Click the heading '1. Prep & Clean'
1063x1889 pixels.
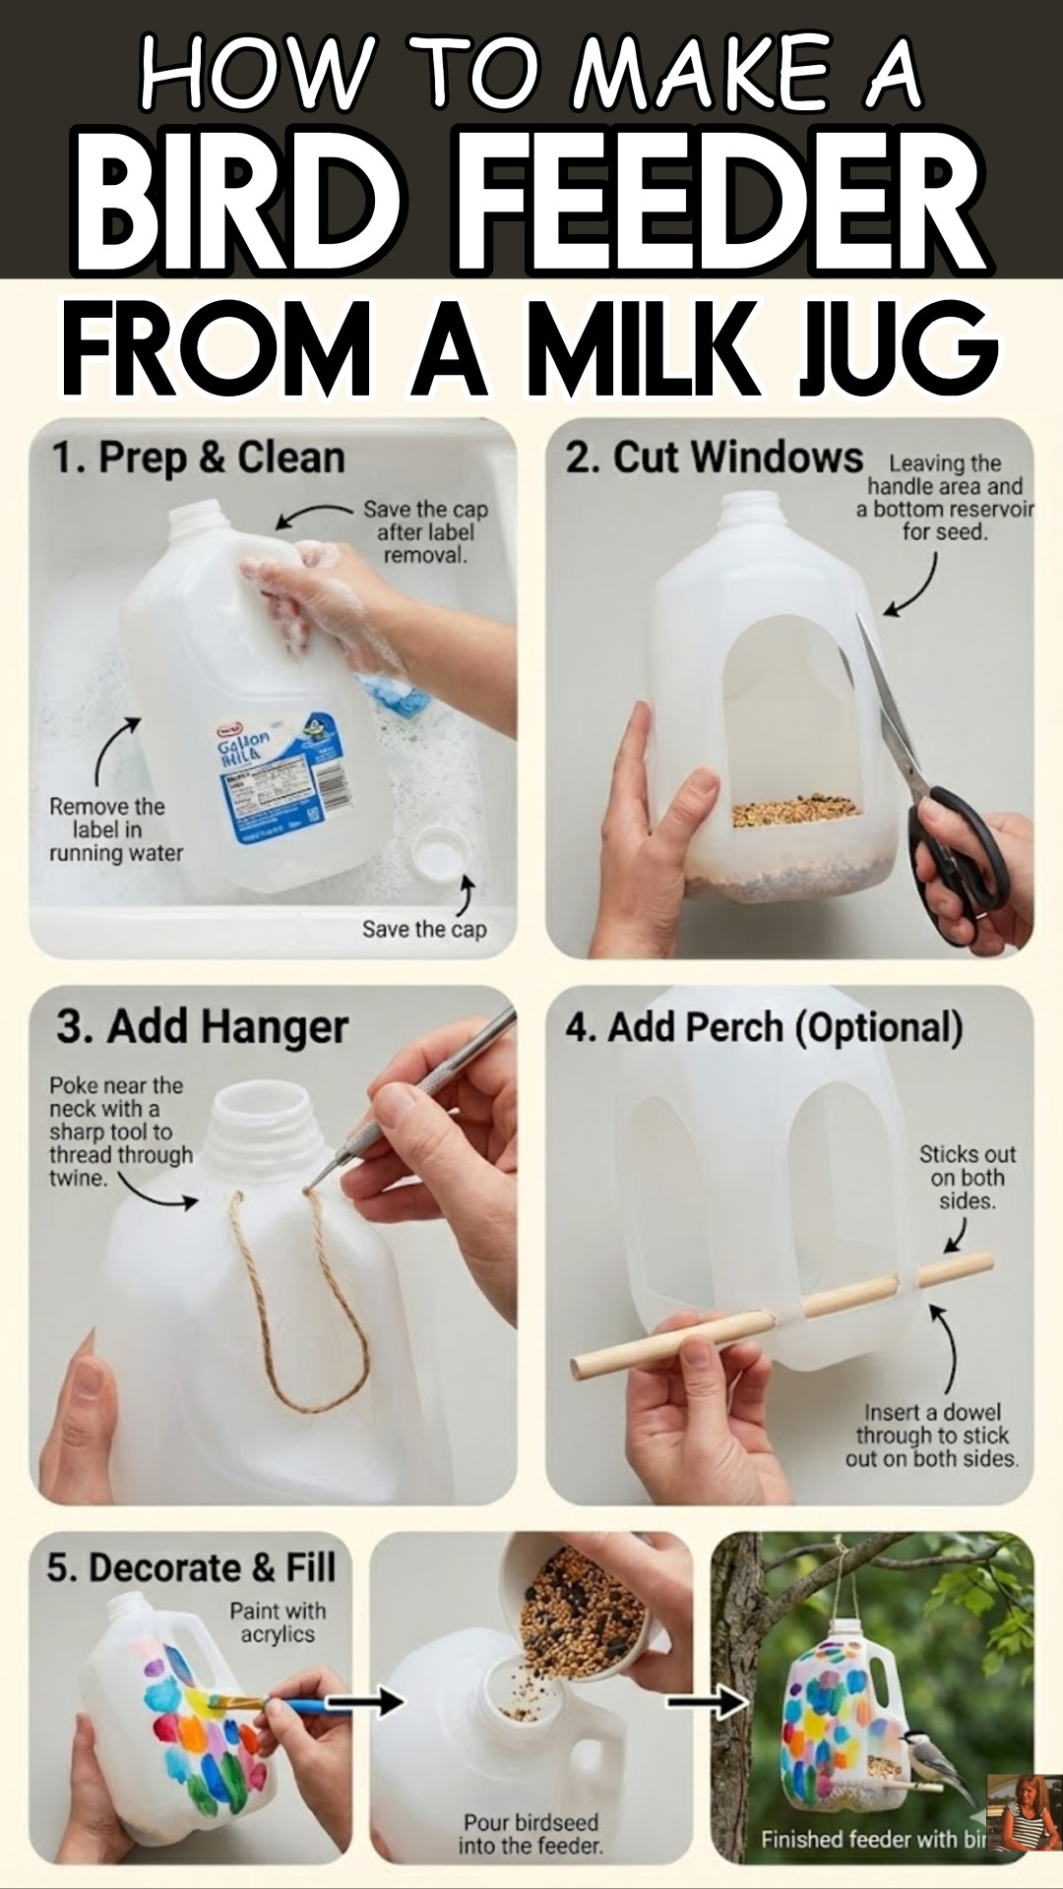click(198, 458)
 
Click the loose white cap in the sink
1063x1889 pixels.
click(439, 854)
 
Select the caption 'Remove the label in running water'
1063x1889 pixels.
click(116, 829)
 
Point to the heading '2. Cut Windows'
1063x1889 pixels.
click(714, 457)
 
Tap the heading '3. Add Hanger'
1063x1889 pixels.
click(202, 1026)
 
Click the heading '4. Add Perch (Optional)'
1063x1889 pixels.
click(764, 1027)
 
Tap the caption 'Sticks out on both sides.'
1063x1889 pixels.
click(967, 1177)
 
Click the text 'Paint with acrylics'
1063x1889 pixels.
click(278, 1622)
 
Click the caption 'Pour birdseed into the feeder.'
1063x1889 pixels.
click(531, 1834)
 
